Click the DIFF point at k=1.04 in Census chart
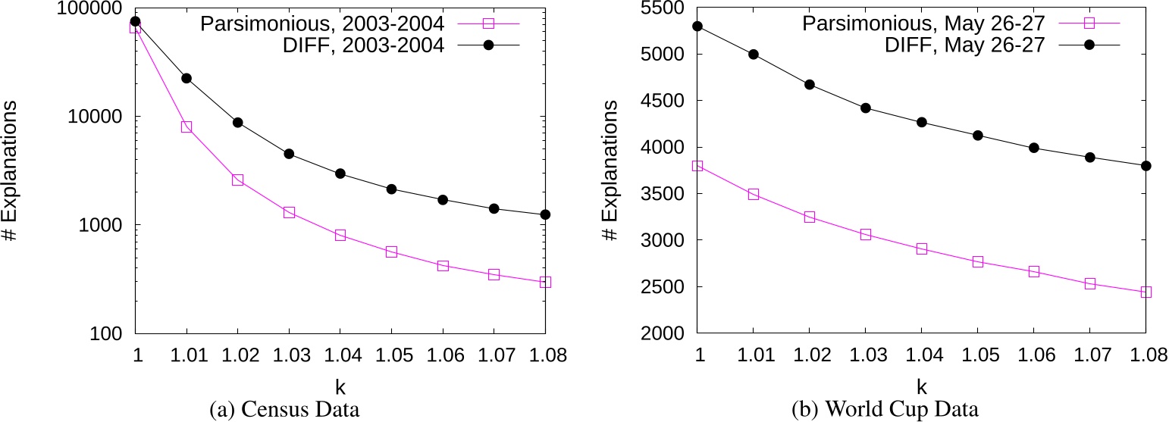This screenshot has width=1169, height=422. click(x=340, y=173)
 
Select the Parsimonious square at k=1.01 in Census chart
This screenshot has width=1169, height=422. click(x=186, y=127)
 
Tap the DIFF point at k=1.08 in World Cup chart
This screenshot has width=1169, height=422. click(x=1145, y=166)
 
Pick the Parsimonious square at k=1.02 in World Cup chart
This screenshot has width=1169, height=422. click(x=809, y=217)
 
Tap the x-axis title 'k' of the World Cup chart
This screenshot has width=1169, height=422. click(x=922, y=386)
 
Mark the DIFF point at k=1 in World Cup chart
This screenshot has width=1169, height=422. click(x=697, y=26)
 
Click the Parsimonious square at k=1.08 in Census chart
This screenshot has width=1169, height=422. click(x=545, y=282)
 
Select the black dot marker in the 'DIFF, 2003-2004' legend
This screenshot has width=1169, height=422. click(x=489, y=45)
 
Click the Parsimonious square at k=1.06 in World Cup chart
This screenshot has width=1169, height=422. click(x=1033, y=271)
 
